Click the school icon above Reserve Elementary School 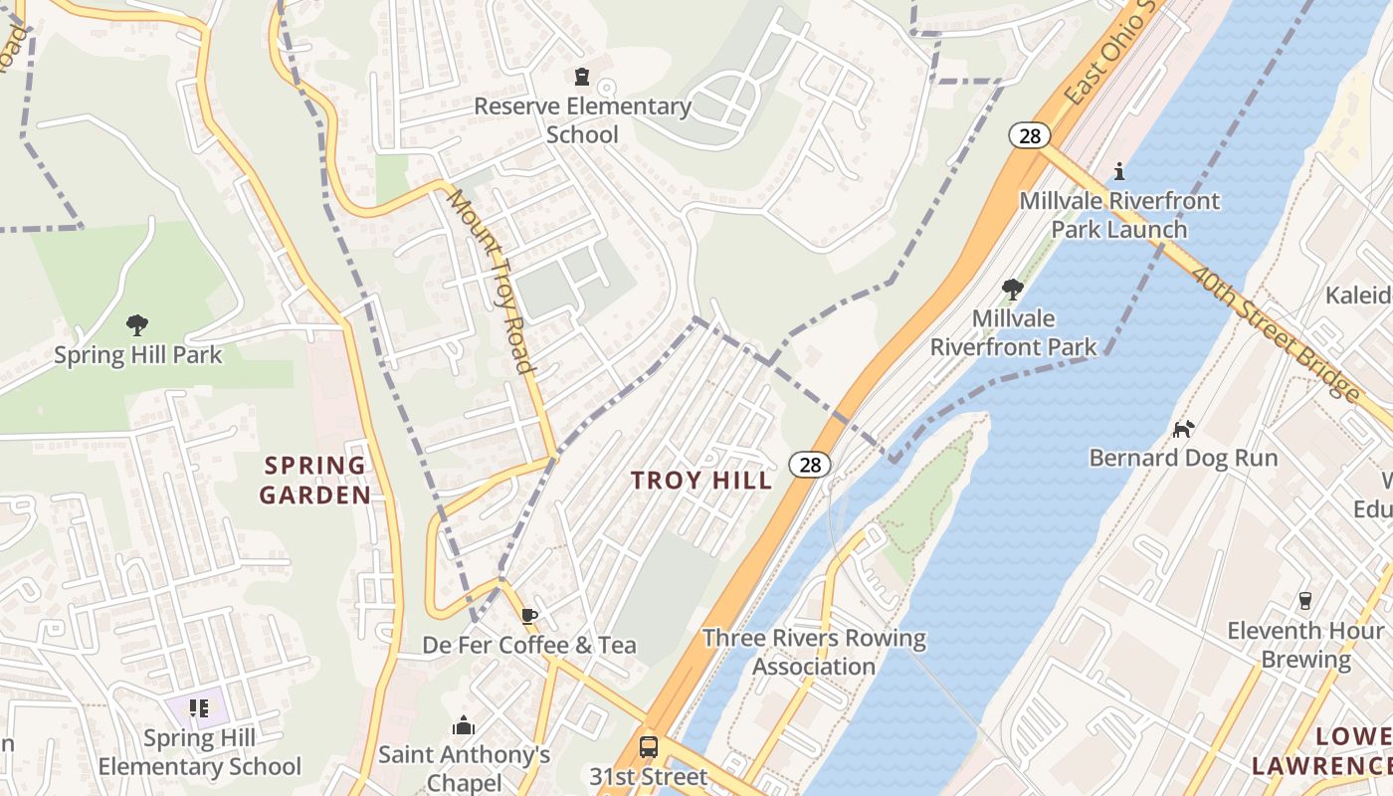[x=582, y=77]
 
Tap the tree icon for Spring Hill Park [x=137, y=324]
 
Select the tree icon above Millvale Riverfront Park [x=1013, y=290]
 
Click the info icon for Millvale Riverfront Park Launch [x=1119, y=171]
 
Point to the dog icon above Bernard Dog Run [x=1183, y=429]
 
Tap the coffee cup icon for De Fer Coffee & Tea [x=529, y=616]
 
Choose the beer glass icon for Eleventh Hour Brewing [x=1305, y=601]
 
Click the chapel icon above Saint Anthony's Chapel [x=464, y=725]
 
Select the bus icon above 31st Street [x=648, y=746]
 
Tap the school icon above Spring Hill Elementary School [x=199, y=708]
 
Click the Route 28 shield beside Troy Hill [x=811, y=464]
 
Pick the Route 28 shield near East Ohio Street [x=1030, y=135]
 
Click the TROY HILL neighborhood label [x=701, y=481]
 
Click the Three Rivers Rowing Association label [x=814, y=652]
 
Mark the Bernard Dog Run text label [x=1183, y=458]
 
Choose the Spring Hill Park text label [x=138, y=355]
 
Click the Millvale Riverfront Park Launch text [x=1119, y=215]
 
